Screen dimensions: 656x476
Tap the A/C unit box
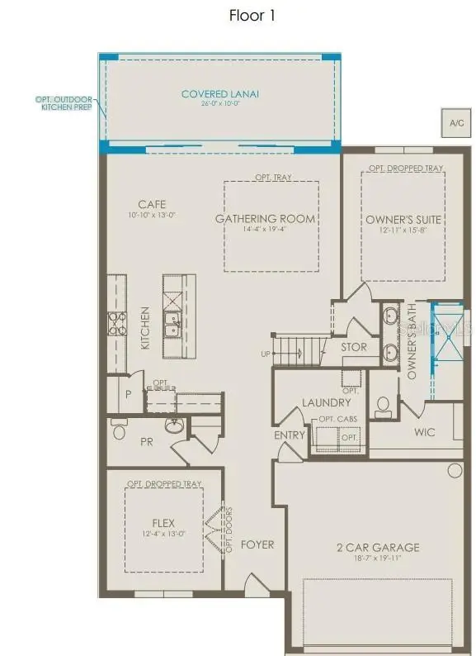click(455, 122)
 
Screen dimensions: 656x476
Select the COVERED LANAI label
click(220, 94)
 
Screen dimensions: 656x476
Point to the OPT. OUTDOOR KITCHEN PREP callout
click(64, 104)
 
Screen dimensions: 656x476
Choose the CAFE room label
click(151, 204)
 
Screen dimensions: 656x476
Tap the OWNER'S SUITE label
click(405, 219)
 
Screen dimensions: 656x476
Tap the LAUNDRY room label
click(321, 402)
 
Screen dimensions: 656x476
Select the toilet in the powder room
click(118, 430)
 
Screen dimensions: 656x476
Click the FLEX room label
click(164, 523)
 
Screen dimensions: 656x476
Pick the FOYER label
click(257, 545)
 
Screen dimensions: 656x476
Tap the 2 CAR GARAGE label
click(377, 547)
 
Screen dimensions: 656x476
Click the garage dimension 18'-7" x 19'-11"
click(377, 559)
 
